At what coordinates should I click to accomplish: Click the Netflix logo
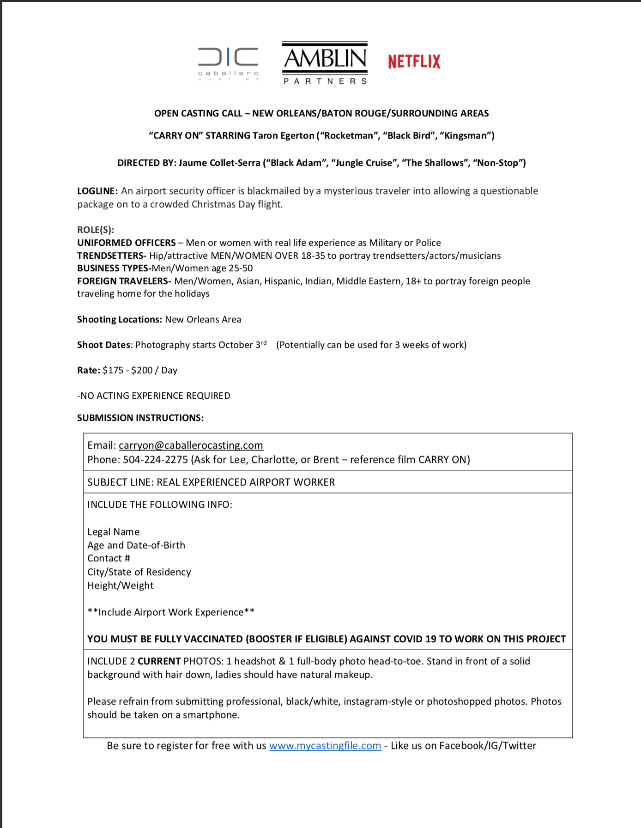(414, 61)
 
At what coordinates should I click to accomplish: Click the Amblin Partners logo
(325, 63)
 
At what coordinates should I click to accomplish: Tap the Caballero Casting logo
(228, 63)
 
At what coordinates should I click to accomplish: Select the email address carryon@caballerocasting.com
(191, 445)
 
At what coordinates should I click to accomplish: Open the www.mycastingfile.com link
(325, 746)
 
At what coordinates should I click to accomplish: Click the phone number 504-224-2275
(155, 460)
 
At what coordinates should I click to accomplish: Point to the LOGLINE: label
(97, 191)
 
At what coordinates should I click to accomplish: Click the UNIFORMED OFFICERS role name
(127, 243)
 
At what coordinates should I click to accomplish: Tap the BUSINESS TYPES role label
(114, 268)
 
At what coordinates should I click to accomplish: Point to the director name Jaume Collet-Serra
(219, 163)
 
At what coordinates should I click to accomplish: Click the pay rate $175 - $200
(127, 371)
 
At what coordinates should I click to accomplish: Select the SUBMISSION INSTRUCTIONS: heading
(140, 418)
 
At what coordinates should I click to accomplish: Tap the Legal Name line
(114, 532)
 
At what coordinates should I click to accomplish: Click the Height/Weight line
(121, 586)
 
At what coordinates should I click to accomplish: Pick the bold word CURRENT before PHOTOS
(159, 662)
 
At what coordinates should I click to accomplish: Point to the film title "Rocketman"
(347, 136)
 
